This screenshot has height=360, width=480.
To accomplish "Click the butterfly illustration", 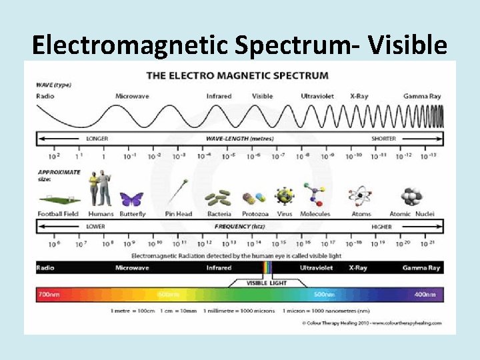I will pyautogui.click(x=131, y=199).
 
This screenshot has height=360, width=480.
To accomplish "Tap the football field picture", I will pyautogui.click(x=59, y=199).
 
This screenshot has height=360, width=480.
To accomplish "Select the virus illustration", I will pyautogui.click(x=285, y=196).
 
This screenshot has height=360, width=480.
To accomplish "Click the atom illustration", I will pyautogui.click(x=360, y=196).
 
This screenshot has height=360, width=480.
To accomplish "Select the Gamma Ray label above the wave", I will pyautogui.click(x=421, y=96).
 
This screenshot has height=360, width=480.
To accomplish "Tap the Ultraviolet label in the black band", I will pyautogui.click(x=317, y=267).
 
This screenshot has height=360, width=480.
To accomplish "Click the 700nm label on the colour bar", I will pyautogui.click(x=48, y=294).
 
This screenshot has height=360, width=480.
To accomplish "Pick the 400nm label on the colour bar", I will pyautogui.click(x=425, y=294).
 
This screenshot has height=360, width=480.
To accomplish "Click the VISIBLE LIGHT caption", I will pyautogui.click(x=267, y=283).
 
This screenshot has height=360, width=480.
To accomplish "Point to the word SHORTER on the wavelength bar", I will pyautogui.click(x=383, y=139).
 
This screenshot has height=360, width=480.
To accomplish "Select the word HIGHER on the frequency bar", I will pyautogui.click(x=381, y=227).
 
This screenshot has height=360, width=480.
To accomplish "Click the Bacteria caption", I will pyautogui.click(x=219, y=214).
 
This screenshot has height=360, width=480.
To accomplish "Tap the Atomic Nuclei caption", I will pyautogui.click(x=411, y=214).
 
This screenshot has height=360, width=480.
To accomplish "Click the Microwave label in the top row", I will pyautogui.click(x=131, y=96).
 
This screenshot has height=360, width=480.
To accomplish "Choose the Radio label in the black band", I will pyautogui.click(x=45, y=267).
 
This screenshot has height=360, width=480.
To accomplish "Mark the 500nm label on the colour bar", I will pyautogui.click(x=324, y=294).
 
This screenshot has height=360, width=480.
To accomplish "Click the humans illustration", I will pyautogui.click(x=101, y=188).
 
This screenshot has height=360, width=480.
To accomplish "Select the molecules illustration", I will pyautogui.click(x=312, y=195).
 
